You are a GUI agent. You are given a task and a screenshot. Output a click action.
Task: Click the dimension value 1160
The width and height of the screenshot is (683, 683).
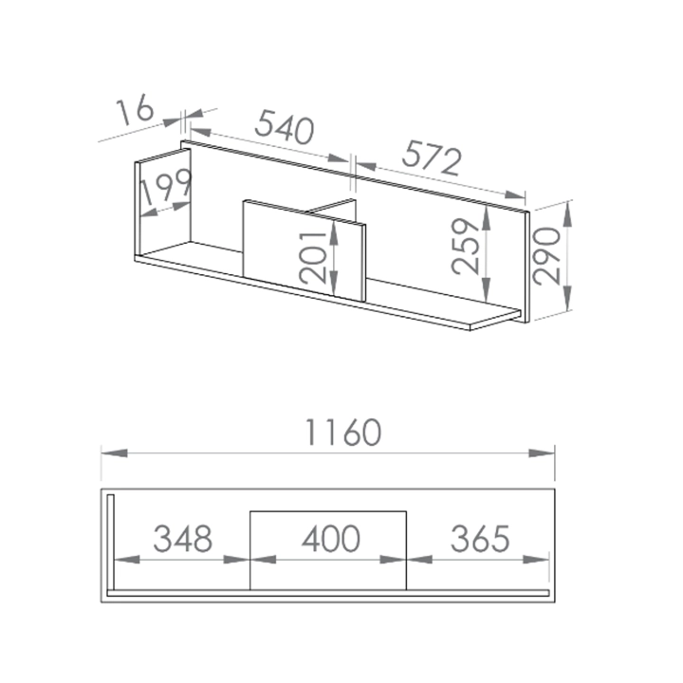[x=343, y=433]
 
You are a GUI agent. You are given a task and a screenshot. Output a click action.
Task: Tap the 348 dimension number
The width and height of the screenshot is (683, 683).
[x=183, y=539]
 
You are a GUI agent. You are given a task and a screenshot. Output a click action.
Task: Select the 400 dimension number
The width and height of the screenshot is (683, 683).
[x=331, y=539]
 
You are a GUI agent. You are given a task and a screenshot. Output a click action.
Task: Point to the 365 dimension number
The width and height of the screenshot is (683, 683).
[x=480, y=539]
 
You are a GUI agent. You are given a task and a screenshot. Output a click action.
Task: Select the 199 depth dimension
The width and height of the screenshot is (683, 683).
[x=166, y=187]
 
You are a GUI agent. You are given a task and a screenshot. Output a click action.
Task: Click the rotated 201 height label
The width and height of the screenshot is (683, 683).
[x=313, y=257]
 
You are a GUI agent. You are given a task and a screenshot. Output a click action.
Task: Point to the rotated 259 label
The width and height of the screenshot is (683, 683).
[x=465, y=247]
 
